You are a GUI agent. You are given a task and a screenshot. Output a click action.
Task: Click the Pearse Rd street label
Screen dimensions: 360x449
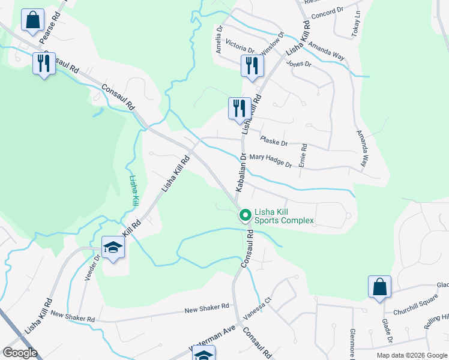50,29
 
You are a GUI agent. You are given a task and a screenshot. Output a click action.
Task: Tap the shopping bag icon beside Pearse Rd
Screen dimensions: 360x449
32,20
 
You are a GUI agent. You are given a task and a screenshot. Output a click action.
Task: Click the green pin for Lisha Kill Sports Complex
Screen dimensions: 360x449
245,215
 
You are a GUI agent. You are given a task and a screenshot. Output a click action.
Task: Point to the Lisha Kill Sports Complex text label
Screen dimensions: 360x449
284,216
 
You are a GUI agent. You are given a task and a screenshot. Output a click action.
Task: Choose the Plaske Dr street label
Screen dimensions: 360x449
274,142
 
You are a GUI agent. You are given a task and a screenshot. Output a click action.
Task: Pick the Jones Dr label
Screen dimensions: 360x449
299,64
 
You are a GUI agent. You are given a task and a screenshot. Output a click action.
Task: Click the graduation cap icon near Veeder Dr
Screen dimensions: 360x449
112,248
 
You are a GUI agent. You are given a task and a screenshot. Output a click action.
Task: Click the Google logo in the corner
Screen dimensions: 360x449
20,353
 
